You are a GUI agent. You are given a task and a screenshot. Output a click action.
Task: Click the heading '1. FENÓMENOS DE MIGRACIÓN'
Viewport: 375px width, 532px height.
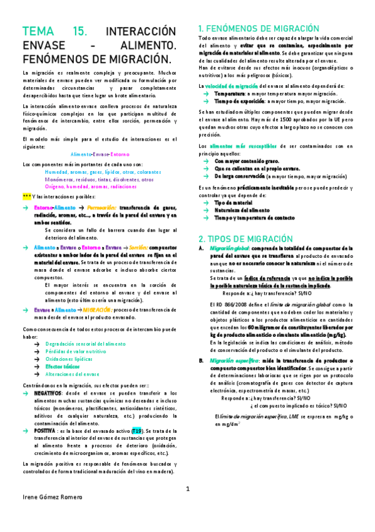click(259, 28)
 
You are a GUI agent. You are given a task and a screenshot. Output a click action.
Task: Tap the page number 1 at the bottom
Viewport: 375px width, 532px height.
click(187, 488)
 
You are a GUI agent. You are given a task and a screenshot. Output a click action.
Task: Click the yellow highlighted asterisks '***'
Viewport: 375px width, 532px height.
click(26, 196)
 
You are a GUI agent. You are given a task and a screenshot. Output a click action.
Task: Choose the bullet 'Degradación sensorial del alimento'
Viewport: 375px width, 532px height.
click(85, 344)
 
